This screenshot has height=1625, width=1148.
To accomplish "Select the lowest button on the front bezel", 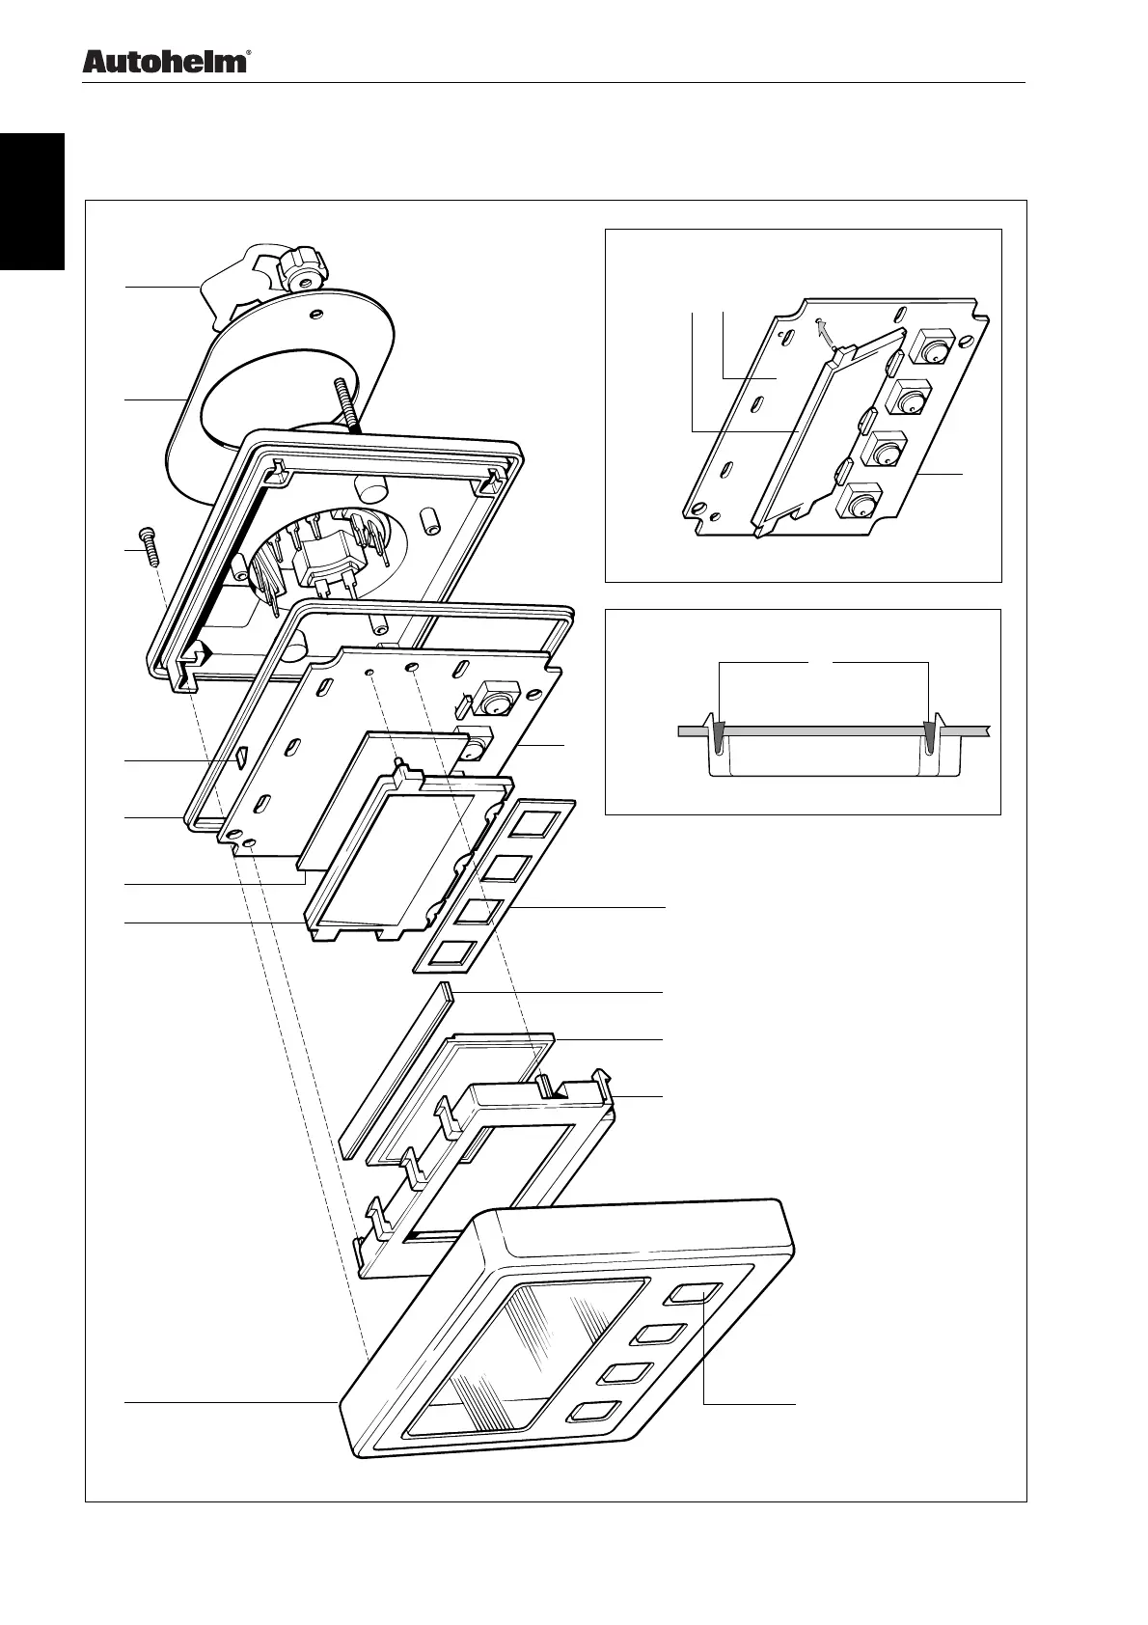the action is [x=596, y=1411].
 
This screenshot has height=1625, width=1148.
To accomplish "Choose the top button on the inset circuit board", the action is [x=933, y=347].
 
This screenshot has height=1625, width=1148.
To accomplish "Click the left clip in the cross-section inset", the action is [x=718, y=735].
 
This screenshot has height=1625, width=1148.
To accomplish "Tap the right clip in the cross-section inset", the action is [x=930, y=735].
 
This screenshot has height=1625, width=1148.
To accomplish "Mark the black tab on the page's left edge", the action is [x=32, y=202].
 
